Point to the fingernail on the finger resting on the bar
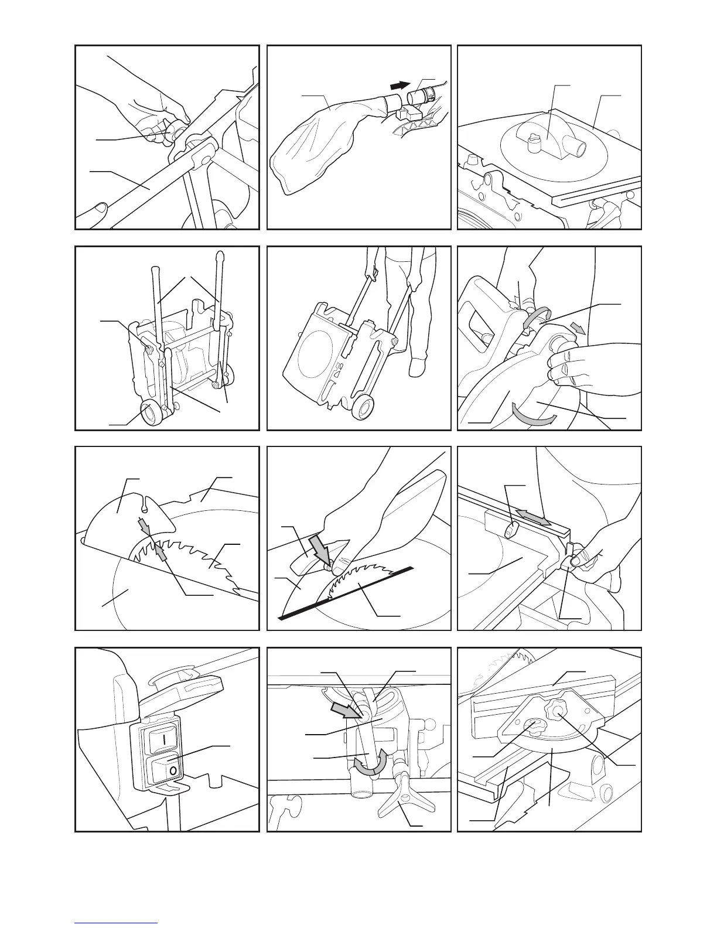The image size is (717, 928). pyautogui.click(x=100, y=207)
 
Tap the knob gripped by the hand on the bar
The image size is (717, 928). pyautogui.click(x=173, y=133)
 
